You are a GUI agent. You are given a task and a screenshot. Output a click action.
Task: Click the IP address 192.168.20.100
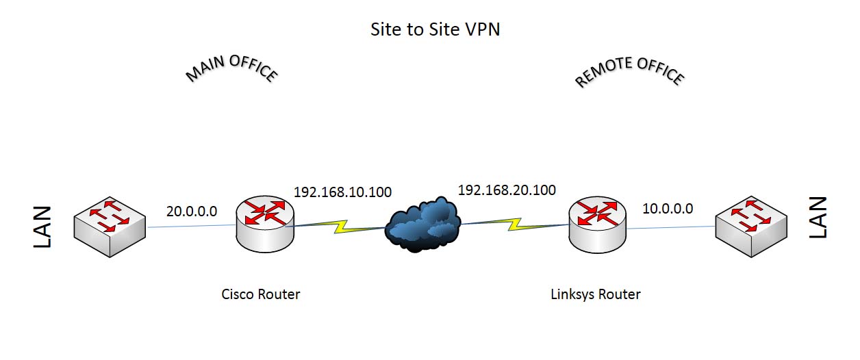507,190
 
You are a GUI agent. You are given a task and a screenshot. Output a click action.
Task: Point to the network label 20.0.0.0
192,211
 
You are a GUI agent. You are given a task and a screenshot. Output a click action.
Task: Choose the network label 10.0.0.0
668,208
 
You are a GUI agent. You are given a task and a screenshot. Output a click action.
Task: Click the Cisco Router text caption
261,294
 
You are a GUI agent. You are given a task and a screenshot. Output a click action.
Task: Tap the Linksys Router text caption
596,294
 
